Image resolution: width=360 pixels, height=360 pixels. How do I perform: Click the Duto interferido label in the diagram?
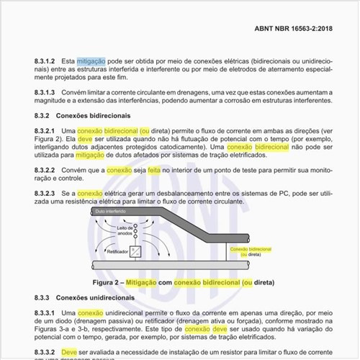coord(104,212)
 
